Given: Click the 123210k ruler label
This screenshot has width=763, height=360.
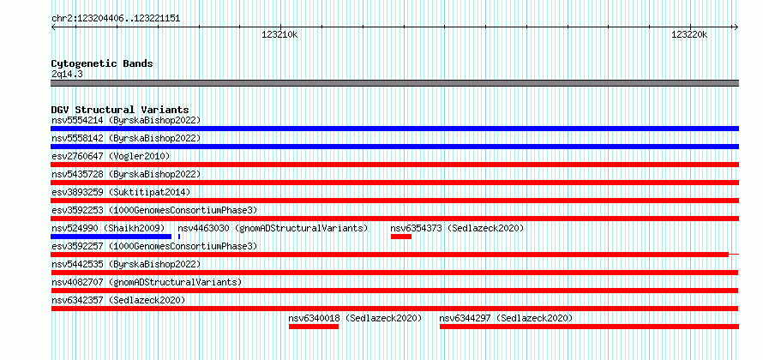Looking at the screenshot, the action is (279, 35).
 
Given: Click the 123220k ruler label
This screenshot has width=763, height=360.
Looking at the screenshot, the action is (689, 35).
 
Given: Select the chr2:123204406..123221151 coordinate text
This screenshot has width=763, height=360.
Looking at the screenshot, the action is (116, 19).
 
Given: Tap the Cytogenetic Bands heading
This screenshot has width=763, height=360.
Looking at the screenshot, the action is (102, 63).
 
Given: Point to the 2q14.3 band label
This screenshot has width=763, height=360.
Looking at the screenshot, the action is (67, 74).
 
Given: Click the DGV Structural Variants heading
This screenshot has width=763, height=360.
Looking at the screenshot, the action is (120, 110).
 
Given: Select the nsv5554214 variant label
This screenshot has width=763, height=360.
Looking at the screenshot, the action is (77, 120).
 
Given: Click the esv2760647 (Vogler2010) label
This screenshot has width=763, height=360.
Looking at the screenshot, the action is (111, 156).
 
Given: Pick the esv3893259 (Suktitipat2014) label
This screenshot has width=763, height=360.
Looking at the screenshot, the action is (121, 192).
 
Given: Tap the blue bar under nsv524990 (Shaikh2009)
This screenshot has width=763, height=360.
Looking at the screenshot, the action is (111, 237).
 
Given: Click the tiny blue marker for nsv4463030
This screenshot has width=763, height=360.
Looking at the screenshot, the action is (179, 237).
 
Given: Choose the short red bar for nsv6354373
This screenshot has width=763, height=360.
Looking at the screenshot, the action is (401, 237).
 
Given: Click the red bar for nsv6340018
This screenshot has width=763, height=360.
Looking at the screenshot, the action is (314, 327).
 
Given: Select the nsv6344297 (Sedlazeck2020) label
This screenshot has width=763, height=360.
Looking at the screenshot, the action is (506, 318).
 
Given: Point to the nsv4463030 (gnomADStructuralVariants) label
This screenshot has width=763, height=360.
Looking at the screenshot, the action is (273, 228).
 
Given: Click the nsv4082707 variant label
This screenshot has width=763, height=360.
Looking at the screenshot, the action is (77, 282).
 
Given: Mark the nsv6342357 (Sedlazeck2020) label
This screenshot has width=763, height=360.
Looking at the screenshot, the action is (118, 300).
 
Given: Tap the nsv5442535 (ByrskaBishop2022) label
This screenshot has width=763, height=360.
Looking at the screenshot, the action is (126, 264).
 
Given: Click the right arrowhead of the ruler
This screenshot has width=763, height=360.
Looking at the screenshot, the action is (736, 27).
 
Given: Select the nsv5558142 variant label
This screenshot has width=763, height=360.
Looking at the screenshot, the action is (77, 138).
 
